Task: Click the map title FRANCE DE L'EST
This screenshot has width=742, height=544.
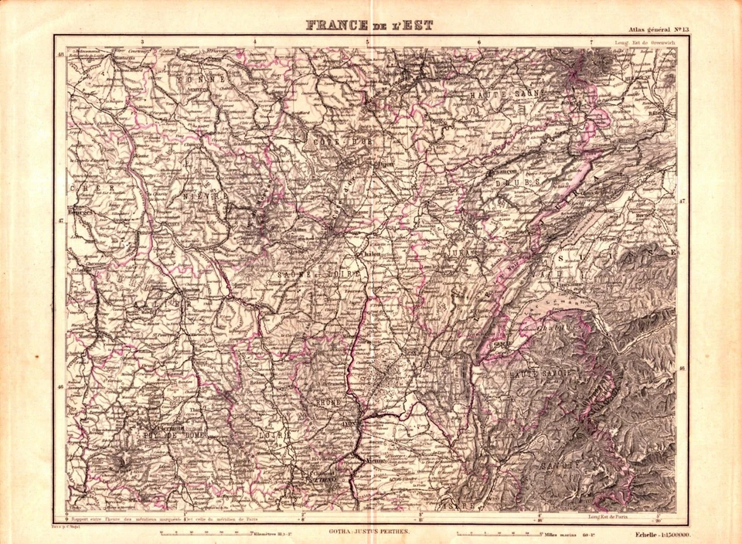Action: [369, 25]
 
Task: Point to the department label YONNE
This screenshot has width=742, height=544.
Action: [199, 80]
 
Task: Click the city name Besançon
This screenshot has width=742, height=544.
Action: [502, 172]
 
